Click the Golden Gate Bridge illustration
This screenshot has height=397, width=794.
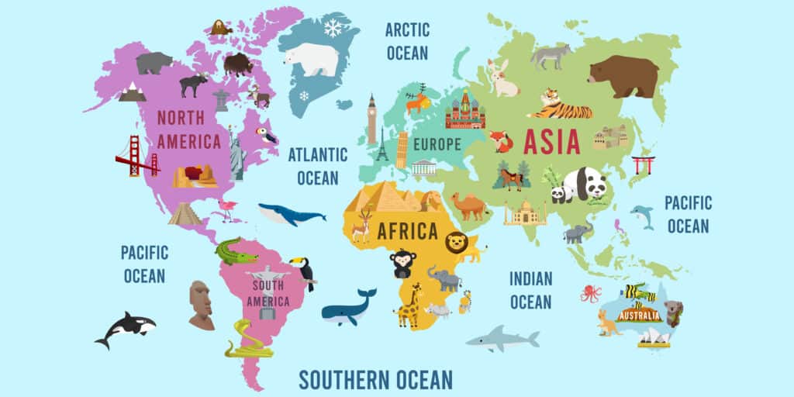click(136, 157)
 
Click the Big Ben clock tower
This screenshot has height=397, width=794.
click(372, 120)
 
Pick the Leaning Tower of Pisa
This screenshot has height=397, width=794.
click(402, 150)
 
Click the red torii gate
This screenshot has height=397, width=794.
click(644, 164)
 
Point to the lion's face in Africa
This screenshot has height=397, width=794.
click(457, 243)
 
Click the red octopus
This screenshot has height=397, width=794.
click(591, 293)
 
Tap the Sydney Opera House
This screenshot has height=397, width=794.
click(654, 337)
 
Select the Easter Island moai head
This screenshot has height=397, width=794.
click(200, 305)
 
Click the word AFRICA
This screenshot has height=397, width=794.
click(407, 231)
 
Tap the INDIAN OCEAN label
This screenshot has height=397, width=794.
click(530, 290)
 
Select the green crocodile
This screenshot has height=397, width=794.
click(236, 251)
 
